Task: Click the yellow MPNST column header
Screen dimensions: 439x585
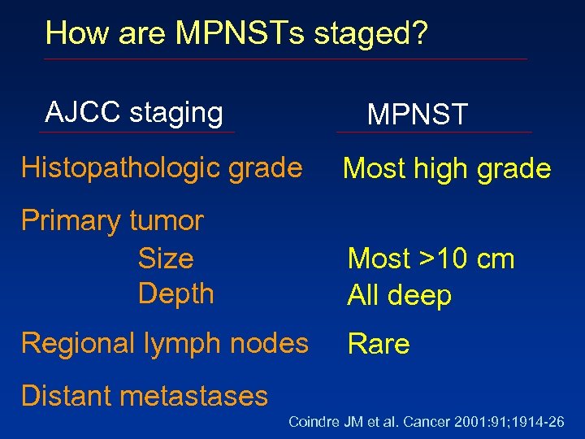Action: tap(418, 115)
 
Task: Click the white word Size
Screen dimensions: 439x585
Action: tap(166, 259)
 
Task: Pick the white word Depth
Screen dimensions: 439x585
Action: tap(175, 293)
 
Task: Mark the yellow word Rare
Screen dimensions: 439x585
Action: tap(379, 345)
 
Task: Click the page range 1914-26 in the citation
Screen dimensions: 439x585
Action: tap(540, 422)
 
